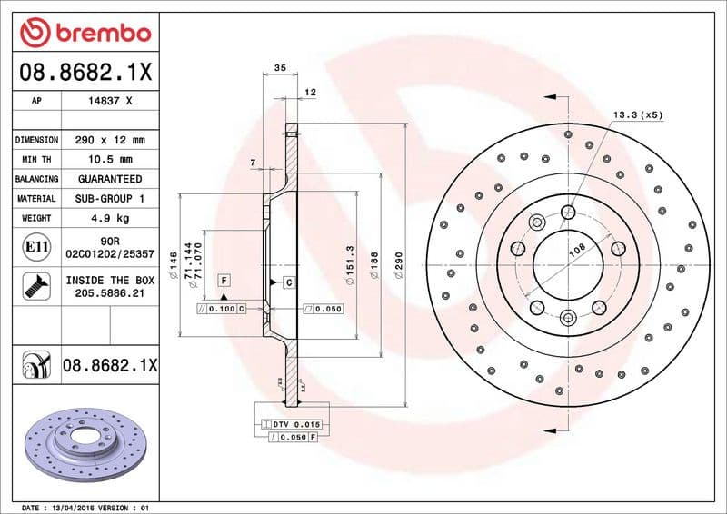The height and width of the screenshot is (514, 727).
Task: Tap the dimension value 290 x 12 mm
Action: [110, 140]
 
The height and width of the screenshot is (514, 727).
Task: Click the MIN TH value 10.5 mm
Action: [110, 160]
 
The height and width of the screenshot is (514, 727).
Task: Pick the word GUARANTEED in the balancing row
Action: [110, 179]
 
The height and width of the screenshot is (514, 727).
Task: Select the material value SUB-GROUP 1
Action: [110, 198]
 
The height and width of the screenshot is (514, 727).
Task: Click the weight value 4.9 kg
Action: [110, 218]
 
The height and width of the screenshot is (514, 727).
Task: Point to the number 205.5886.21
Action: [110, 294]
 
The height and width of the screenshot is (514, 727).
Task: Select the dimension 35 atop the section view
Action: [280, 68]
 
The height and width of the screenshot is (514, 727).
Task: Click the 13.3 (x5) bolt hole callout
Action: [638, 115]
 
